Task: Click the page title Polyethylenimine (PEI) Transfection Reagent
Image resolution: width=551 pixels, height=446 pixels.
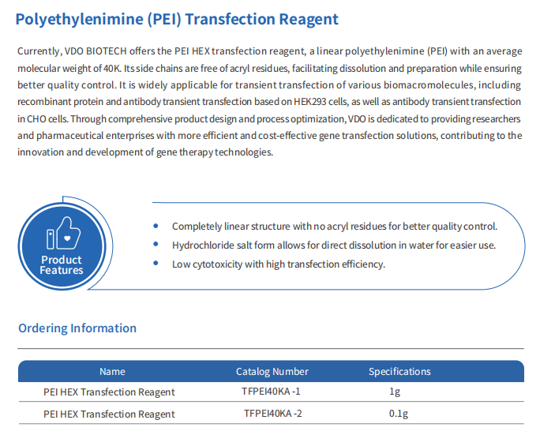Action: pos(177,19)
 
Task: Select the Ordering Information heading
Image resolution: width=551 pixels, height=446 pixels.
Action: pos(77,328)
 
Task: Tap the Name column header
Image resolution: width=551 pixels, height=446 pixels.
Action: pos(112,372)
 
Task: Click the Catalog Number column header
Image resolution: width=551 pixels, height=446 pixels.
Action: pos(272,372)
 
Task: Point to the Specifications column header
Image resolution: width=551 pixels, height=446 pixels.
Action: pos(399,372)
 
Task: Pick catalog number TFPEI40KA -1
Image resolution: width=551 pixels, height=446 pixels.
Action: pos(271,392)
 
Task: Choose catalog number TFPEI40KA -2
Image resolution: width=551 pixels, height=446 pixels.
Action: pos(272,414)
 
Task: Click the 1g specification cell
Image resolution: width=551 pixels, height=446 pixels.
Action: pos(395,392)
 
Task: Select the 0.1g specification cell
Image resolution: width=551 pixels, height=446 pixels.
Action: pos(398,414)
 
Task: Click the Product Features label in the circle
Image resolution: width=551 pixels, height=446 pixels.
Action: pos(62,265)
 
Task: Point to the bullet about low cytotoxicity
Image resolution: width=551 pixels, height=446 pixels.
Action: pos(278,264)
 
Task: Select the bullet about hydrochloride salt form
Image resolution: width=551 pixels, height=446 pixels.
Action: pos(333,245)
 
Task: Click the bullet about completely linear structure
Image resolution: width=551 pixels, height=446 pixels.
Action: pos(334,227)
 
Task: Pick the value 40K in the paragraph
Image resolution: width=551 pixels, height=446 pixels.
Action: pos(114,68)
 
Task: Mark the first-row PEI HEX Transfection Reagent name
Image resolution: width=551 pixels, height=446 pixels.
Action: pos(109,392)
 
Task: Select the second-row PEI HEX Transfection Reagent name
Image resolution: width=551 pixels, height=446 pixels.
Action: pos(109,414)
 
